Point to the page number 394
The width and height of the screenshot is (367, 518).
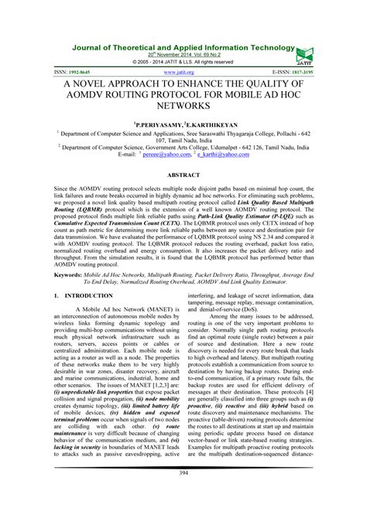(183, 493)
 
